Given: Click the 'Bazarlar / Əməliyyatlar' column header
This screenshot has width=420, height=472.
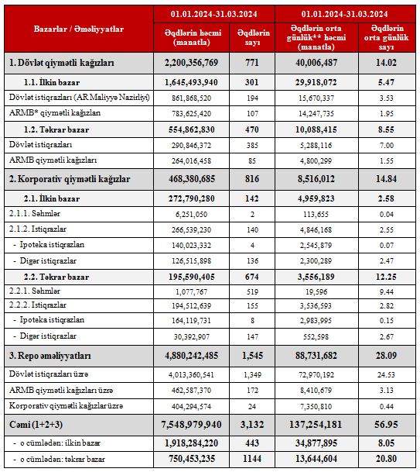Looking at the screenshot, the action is point(78,29).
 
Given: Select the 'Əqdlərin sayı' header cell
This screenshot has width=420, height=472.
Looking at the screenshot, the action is point(253,37).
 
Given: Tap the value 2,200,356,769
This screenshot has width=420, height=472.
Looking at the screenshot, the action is point(191,63).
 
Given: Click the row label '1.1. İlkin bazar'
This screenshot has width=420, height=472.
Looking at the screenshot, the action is point(52,82).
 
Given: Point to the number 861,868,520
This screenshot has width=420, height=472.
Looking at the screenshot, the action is point(191,98).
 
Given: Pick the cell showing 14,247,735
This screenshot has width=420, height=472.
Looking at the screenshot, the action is point(316,114).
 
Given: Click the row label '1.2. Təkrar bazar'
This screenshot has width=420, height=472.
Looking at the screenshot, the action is point(56,129).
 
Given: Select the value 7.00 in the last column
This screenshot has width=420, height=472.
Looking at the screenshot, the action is point(386,146).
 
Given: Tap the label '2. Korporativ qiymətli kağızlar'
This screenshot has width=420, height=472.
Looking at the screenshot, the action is point(70,179).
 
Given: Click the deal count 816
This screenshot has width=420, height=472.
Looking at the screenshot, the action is point(251,179).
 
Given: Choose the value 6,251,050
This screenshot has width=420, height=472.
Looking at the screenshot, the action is point(191,215).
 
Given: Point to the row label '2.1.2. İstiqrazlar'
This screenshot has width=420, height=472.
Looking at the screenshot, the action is point(38,229).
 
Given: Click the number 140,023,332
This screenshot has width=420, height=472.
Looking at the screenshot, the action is point(191,246).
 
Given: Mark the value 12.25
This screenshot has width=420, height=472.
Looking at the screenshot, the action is point(386,277).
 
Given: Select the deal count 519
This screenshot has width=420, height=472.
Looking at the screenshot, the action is point(252,291).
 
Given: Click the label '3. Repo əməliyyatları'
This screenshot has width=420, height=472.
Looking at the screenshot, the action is point(50,356).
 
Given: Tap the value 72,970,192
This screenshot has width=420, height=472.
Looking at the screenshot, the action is point(316,375).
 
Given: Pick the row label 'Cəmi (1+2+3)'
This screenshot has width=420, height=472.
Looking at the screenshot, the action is point(36,425).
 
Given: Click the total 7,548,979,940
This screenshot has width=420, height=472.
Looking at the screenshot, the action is point(191,425).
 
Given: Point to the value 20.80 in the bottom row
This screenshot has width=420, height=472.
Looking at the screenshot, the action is point(386,459).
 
